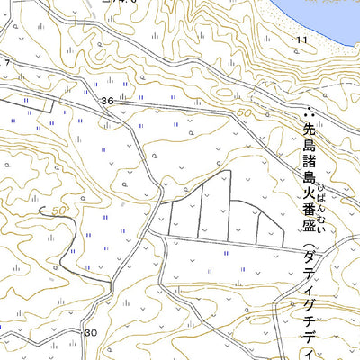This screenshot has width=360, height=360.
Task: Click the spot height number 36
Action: (x=108, y=101)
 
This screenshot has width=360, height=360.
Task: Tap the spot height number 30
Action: (x=90, y=332)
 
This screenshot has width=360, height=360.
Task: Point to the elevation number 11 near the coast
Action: (x=301, y=40)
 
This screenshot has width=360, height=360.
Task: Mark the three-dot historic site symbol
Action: (x=309, y=114)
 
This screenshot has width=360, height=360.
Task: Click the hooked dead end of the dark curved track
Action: (x=43, y=211)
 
